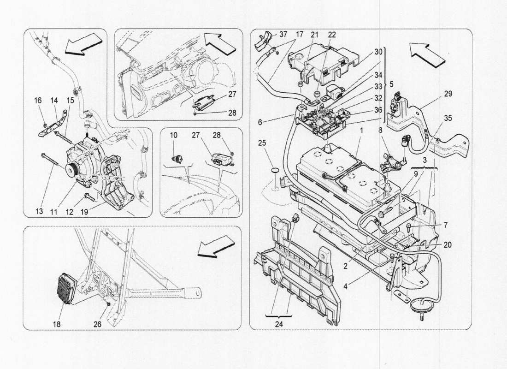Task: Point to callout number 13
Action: click(x=40, y=212)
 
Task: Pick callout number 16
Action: click(x=38, y=100)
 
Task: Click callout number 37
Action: click(x=283, y=35)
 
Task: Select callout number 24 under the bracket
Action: click(x=279, y=324)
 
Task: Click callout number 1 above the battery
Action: click(x=362, y=131)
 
